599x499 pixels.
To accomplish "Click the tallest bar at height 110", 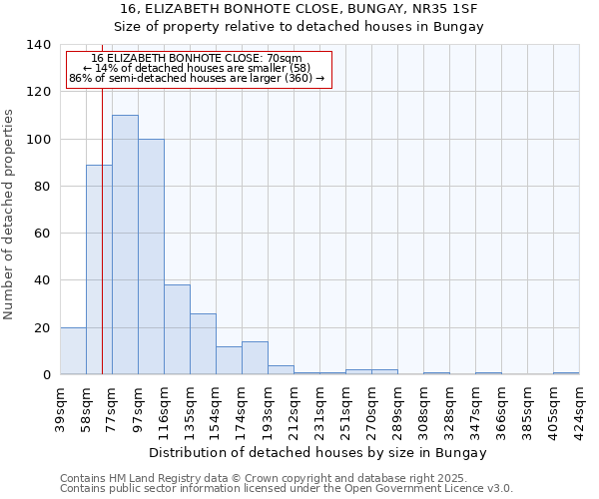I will [x=125, y=245].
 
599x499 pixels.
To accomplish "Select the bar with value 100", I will [x=151, y=256].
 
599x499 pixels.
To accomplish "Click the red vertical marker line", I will [x=102, y=230].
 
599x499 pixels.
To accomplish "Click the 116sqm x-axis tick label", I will [x=165, y=409].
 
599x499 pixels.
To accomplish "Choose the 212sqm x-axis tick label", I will [x=295, y=409].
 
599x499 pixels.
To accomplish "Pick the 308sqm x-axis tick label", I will [x=424, y=409].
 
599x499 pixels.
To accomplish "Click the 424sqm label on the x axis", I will [x=580, y=409].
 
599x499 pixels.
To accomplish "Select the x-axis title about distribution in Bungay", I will [x=319, y=453].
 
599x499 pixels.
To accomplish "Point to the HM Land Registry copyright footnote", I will [x=270, y=478].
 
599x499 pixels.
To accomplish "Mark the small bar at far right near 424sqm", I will [x=566, y=373].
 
